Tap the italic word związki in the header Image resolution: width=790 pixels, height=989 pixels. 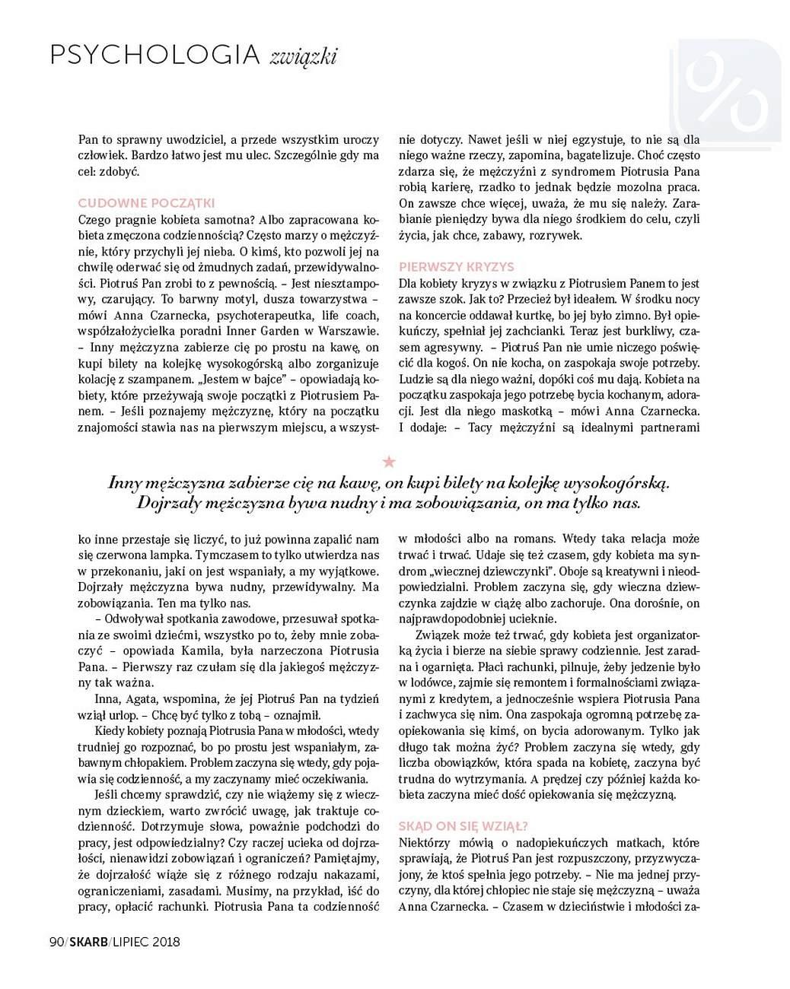(x=304, y=57)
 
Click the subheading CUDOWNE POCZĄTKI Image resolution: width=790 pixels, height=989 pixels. (x=146, y=203)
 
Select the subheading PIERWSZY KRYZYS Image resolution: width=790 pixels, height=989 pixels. (x=457, y=267)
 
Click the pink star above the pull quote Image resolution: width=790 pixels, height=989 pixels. (x=389, y=461)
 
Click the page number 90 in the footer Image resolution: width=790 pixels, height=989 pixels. (x=56, y=942)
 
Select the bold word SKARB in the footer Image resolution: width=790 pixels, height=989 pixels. (x=87, y=942)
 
